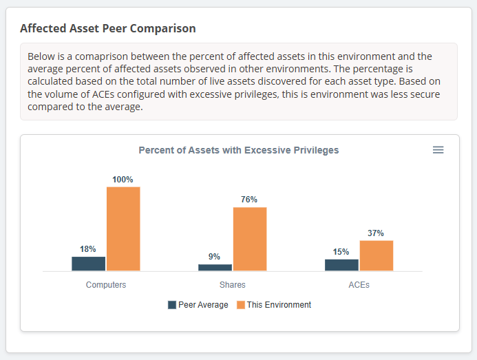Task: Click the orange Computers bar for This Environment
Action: point(123,229)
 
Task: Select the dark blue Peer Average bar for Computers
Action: point(89,264)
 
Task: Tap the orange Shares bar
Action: point(250,239)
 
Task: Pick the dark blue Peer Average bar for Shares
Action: point(215,267)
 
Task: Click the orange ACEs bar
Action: point(377,255)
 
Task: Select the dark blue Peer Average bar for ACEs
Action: point(342,265)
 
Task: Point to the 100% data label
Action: point(123,180)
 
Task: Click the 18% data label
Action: point(88,249)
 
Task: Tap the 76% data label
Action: point(249,200)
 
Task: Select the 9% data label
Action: point(215,257)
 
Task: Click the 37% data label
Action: point(376,233)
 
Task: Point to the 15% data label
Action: point(341,252)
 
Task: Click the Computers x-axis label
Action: point(106,285)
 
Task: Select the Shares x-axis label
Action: point(233,285)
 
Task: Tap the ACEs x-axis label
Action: point(359,285)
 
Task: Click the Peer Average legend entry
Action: point(198,305)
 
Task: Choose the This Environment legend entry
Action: point(274,305)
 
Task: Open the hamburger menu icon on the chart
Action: point(438,150)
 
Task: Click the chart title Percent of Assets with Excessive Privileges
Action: point(239,150)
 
